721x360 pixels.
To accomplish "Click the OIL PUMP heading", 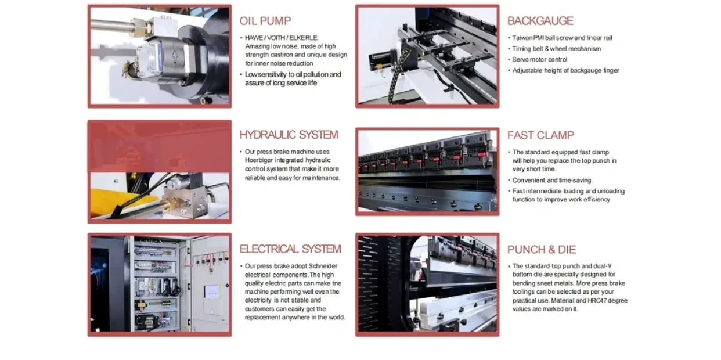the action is click(265, 21).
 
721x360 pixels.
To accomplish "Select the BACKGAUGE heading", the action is click(540, 21).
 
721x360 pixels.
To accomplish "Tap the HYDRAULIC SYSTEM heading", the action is click(289, 135).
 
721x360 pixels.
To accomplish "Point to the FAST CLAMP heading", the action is click(540, 135).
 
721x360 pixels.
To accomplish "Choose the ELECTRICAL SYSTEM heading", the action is click(290, 249).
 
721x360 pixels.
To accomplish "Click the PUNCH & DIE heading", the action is click(542, 250).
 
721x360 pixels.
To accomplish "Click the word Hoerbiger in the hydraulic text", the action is click(259, 160).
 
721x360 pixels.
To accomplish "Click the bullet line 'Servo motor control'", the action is click(539, 60).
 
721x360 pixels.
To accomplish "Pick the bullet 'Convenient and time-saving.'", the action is click(552, 181).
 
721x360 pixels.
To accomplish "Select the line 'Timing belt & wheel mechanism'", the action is click(557, 49).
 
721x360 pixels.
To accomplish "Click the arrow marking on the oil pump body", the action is click(175, 57).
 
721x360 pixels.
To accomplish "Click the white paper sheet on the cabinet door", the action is click(212, 291).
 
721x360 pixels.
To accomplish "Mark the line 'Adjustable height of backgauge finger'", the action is click(565, 70).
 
